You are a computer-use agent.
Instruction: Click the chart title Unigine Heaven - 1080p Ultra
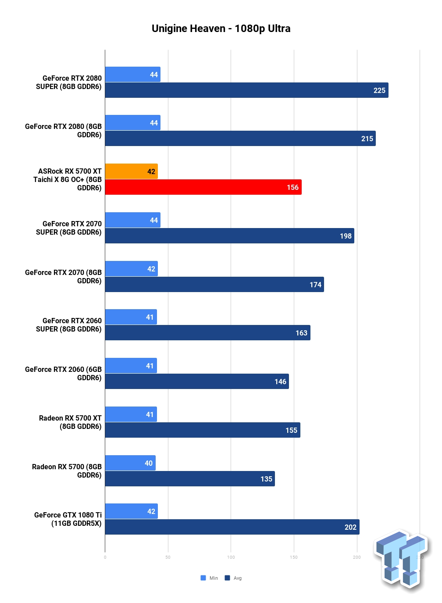click(221, 29)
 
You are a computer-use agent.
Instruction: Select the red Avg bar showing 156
click(203, 187)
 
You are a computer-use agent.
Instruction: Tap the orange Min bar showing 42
click(132, 171)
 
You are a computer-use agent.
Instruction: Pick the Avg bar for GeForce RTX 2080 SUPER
click(246, 90)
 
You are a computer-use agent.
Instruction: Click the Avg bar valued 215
click(240, 139)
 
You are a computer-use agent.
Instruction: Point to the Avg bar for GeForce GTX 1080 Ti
click(232, 527)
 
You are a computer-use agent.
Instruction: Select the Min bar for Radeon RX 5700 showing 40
click(130, 463)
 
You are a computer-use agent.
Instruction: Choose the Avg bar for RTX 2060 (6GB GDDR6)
click(197, 381)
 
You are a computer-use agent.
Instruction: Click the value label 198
click(346, 236)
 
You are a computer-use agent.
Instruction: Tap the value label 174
click(315, 285)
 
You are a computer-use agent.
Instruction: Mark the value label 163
click(302, 333)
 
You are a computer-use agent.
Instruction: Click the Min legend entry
click(209, 578)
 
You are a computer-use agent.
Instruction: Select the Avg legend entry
click(233, 578)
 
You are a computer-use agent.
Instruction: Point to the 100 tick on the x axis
click(231, 557)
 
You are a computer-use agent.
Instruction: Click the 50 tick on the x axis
click(168, 557)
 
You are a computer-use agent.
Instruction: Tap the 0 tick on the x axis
click(105, 557)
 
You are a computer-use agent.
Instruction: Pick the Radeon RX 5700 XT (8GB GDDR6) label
click(70, 422)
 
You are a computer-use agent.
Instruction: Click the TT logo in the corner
click(402, 561)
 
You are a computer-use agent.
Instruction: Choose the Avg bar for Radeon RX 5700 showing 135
click(190, 478)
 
